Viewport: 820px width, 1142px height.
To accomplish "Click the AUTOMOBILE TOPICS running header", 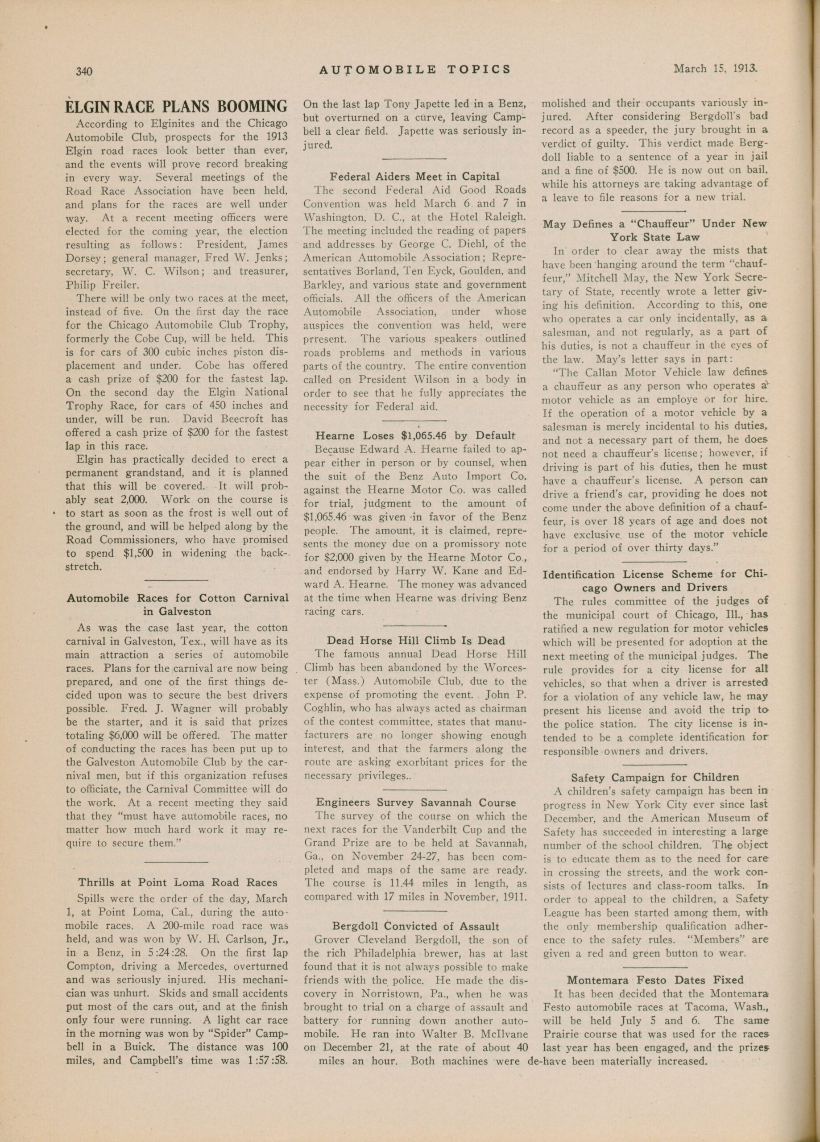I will [415, 70].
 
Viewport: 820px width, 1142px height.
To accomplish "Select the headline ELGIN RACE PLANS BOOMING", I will [177, 107].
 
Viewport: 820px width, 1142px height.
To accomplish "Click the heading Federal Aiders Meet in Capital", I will [414, 177].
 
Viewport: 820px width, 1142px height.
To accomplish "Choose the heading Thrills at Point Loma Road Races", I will [177, 882].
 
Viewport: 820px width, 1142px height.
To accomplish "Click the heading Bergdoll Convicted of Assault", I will [415, 926].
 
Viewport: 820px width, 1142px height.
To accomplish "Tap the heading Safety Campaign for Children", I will [655, 777].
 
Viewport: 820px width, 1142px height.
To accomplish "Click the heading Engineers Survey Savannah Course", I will [415, 803].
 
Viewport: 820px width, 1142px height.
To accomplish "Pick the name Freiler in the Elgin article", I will [116, 285].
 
